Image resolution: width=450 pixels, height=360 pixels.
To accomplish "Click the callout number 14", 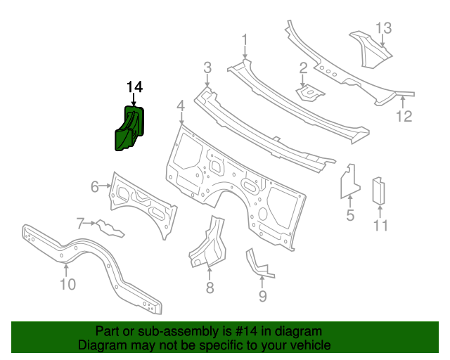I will pyautogui.click(x=134, y=86).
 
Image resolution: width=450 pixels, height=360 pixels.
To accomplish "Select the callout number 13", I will pyautogui.click(x=382, y=28).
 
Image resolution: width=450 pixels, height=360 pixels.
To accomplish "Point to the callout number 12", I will pyautogui.click(x=403, y=117).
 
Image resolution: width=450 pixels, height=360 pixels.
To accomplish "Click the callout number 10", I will pyautogui.click(x=67, y=284).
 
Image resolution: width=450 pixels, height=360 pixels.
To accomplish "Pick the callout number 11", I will pyautogui.click(x=380, y=226).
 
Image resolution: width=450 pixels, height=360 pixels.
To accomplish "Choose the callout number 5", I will pyautogui.click(x=350, y=215).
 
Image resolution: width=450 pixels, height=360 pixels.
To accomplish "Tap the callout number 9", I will pyautogui.click(x=262, y=296).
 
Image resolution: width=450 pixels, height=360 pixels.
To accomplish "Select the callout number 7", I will pyautogui.click(x=81, y=224).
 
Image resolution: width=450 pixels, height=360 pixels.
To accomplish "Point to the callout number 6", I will pyautogui.click(x=95, y=186).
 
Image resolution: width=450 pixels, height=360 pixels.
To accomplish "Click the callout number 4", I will pyautogui.click(x=181, y=105).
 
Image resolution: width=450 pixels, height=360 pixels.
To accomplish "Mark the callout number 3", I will pyautogui.click(x=207, y=67).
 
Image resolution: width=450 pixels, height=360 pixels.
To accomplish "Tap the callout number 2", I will pyautogui.click(x=303, y=68).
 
